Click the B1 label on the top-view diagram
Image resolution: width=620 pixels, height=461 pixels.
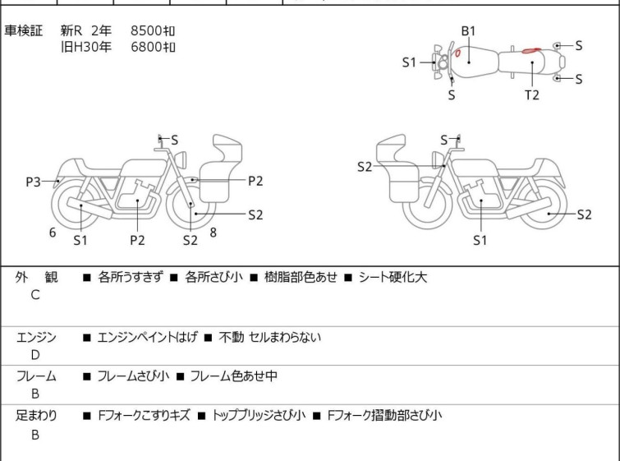[x=468, y=31]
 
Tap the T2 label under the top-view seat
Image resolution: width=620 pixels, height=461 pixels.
[x=532, y=95]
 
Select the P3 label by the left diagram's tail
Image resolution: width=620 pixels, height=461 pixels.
[x=33, y=182]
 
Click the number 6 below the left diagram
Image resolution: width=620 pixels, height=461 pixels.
[x=53, y=233]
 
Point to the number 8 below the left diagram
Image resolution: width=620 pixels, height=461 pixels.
[x=214, y=233]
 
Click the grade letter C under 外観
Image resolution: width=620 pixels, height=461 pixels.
[x=35, y=295]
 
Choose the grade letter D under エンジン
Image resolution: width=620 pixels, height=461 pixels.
[x=35, y=354]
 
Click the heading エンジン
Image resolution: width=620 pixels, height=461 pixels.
[x=36, y=337]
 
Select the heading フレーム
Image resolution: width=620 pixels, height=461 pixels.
[x=36, y=376]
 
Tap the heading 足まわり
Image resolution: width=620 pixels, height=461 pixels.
[x=36, y=416]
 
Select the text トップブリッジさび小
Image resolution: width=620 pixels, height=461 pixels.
[x=259, y=416]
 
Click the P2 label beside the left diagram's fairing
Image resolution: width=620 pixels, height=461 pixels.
[x=255, y=180]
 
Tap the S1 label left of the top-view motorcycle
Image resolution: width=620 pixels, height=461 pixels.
[x=410, y=62]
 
